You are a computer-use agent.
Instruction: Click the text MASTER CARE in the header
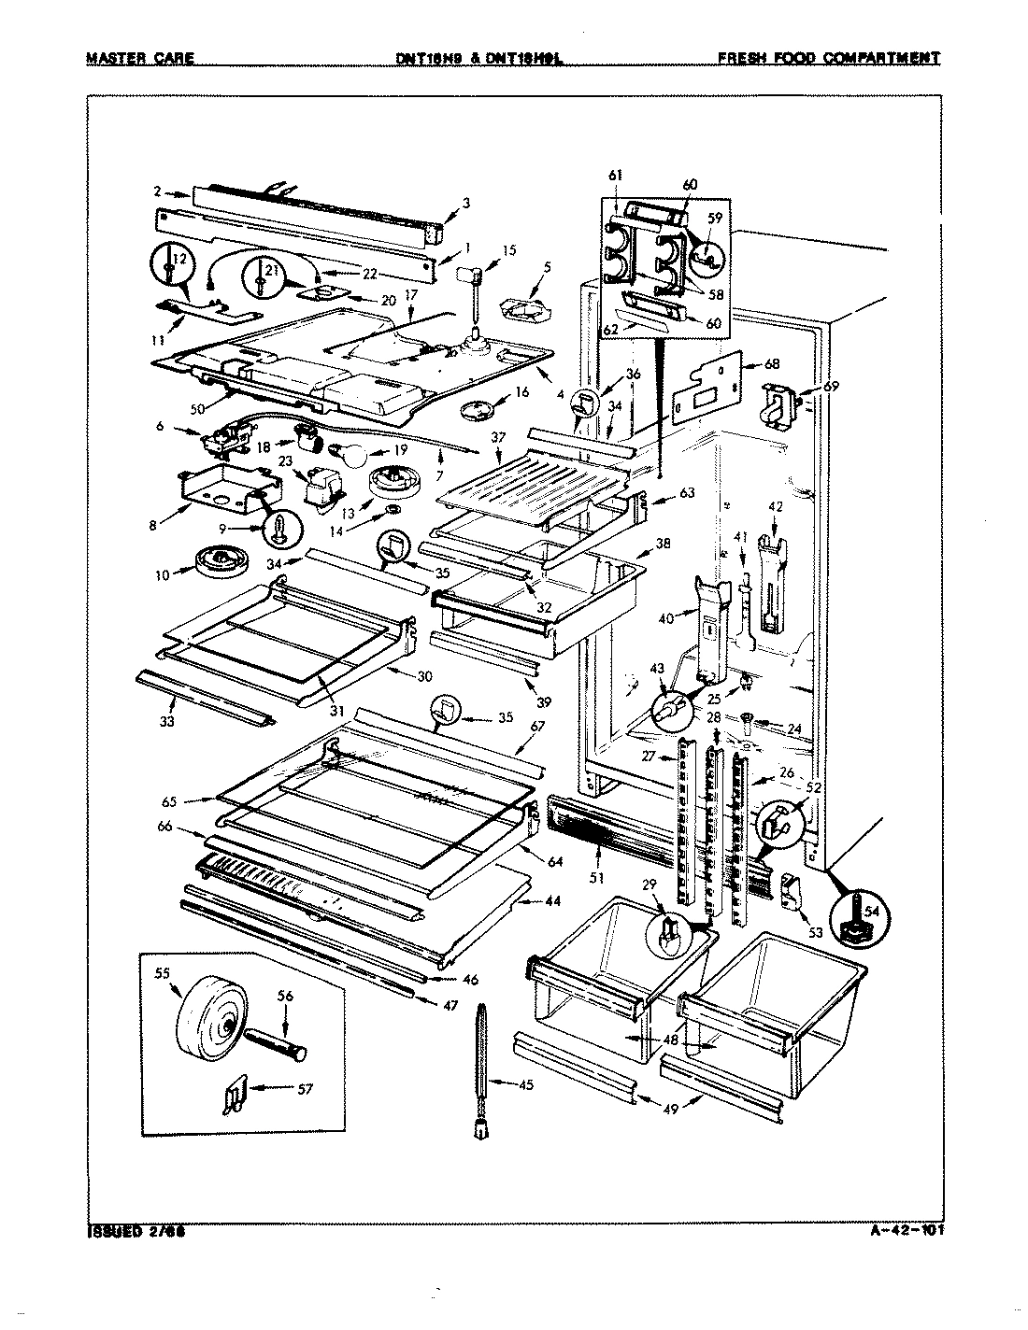[x=140, y=58]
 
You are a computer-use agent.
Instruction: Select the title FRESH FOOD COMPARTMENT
[x=827, y=58]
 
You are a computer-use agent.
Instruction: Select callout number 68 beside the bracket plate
[x=773, y=365]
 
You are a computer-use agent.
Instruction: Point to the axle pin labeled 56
[x=274, y=1038]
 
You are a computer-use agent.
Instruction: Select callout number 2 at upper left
[x=158, y=192]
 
